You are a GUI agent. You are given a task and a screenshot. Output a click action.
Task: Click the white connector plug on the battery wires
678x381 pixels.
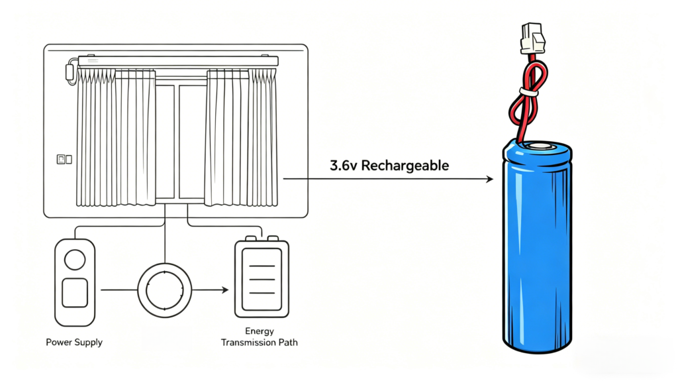(532, 38)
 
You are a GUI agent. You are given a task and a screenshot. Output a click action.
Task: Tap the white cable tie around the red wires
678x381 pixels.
(529, 92)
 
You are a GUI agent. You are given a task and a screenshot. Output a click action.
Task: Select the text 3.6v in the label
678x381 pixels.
(344, 166)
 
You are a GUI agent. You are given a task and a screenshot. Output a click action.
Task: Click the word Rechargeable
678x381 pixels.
(405, 166)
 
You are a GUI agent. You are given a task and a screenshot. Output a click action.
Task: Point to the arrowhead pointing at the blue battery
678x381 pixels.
(489, 179)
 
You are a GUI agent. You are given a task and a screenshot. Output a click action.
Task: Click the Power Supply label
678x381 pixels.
(74, 342)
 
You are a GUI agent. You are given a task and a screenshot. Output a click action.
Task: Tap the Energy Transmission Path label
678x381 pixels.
(260, 337)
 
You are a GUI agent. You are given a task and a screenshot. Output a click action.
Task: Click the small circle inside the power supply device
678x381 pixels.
(75, 260)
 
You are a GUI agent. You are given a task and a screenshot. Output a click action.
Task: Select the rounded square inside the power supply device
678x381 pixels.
(75, 293)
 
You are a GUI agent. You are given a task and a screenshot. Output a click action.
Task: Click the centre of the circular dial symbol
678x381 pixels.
(165, 290)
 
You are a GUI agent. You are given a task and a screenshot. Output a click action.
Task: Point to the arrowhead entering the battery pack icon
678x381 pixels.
(225, 290)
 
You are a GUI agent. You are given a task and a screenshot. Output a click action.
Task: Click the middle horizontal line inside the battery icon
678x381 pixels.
(262, 279)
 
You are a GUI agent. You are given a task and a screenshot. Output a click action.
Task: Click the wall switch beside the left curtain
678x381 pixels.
(64, 159)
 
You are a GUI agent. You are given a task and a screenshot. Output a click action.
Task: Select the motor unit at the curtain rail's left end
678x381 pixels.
(70, 72)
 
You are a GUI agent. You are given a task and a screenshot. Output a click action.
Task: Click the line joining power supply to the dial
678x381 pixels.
(119, 290)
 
